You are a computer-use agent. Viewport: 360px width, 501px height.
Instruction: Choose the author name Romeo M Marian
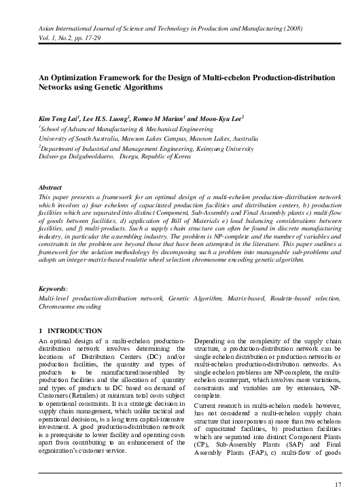click(x=146, y=118)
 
